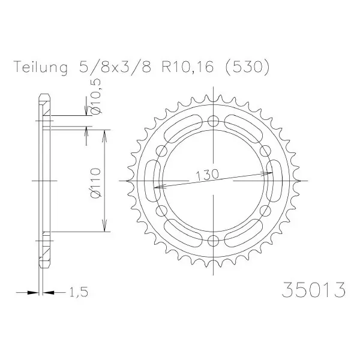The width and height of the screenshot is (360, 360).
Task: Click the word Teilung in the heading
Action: click(x=41, y=67)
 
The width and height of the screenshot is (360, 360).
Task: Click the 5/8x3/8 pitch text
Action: click(x=115, y=67)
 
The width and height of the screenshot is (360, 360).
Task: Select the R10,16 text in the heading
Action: click(x=188, y=67)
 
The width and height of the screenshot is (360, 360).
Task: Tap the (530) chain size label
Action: click(x=247, y=67)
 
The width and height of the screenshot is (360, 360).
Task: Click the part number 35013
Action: click(x=313, y=290)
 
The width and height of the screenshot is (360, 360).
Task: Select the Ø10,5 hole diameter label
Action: click(x=95, y=96)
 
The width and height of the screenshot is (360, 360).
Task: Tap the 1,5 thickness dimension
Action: click(x=78, y=292)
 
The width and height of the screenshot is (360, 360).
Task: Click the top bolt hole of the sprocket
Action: click(x=214, y=121)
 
